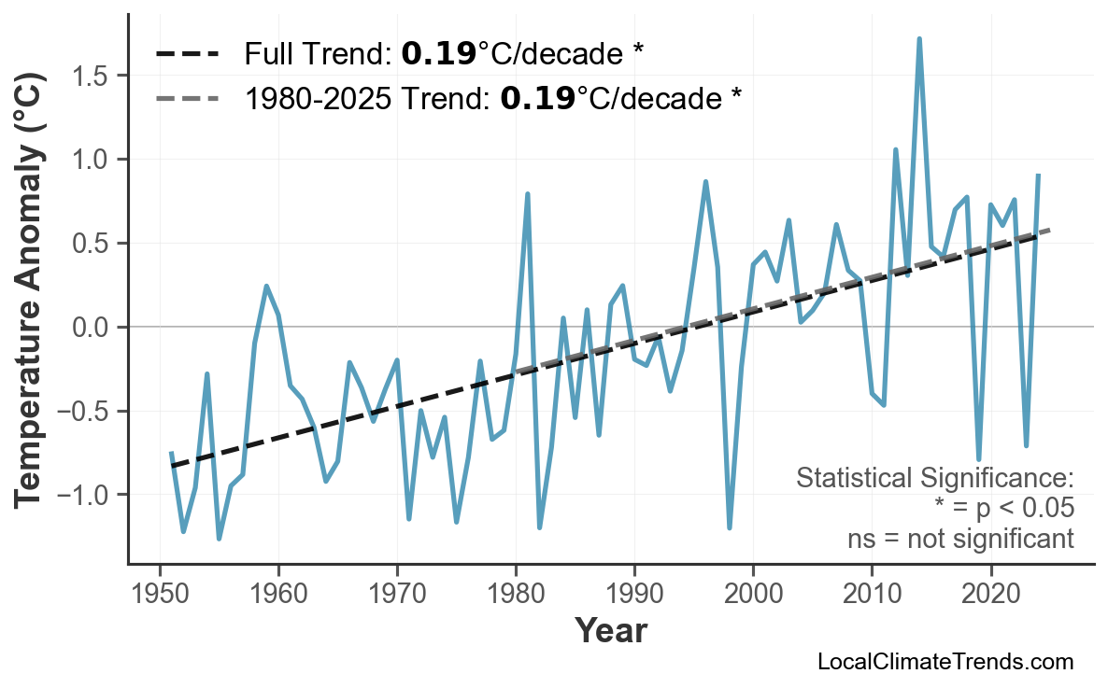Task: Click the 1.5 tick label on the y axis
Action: [95, 76]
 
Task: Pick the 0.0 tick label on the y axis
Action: [95, 328]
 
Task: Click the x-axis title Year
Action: [610, 631]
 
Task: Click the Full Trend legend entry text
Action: [444, 54]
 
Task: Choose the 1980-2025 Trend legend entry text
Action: [492, 97]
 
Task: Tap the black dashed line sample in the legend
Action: [187, 54]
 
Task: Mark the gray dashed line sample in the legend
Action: [187, 97]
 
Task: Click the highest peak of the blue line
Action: [919, 39]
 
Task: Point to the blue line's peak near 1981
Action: [528, 194]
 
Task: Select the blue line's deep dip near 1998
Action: [729, 527]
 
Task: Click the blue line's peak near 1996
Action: [706, 182]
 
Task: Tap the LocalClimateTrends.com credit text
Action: [945, 662]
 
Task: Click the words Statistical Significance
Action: [934, 479]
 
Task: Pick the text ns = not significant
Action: [960, 539]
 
